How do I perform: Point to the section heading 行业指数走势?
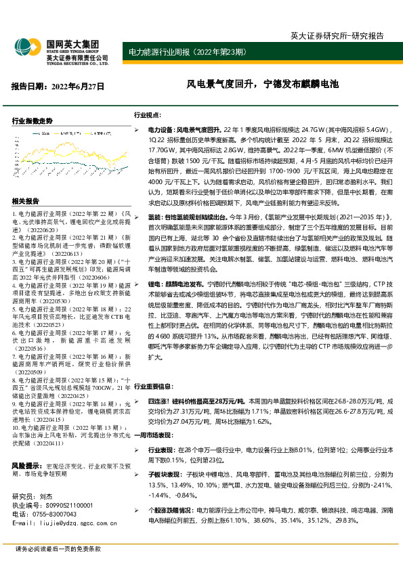(x=33, y=120)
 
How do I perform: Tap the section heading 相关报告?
(x=26, y=202)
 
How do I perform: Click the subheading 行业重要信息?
(x=153, y=385)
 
